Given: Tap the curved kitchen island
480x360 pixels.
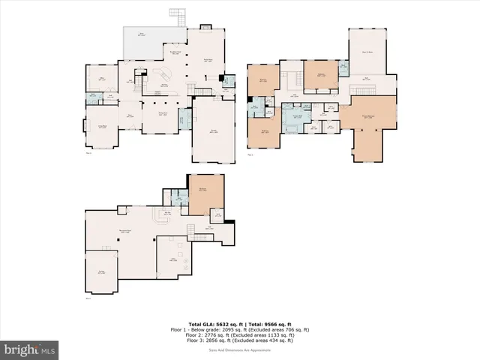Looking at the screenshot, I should [x=160, y=76].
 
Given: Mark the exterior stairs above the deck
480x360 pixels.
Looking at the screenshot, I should [x=177, y=15].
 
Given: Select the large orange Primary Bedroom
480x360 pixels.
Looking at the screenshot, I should [x=367, y=127].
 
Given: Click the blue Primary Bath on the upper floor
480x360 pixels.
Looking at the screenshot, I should [x=296, y=118].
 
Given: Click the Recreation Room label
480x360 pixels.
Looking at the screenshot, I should [x=116, y=231].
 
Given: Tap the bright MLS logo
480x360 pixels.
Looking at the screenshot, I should [x=30, y=349].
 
